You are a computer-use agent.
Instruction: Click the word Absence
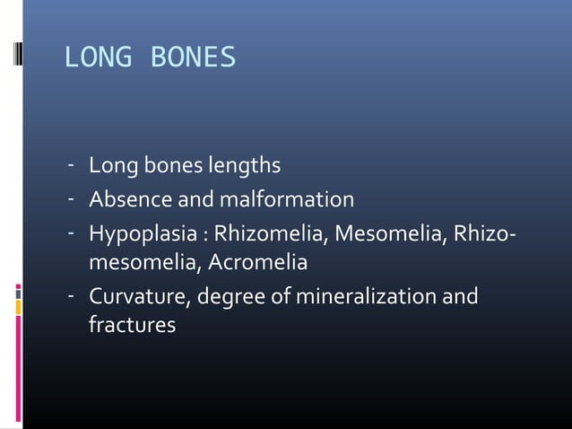tap(126, 199)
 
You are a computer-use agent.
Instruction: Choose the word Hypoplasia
tap(138, 232)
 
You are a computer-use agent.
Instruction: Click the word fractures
tap(132, 326)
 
